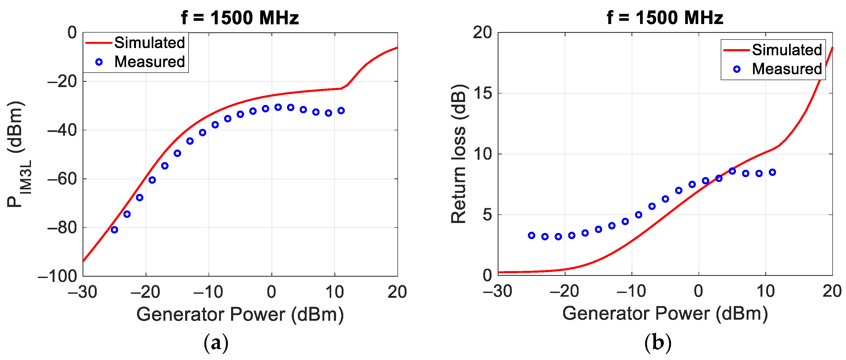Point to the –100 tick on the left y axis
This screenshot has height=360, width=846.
57,276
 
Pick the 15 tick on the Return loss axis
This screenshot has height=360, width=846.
482,93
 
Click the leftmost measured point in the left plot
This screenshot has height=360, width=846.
114,230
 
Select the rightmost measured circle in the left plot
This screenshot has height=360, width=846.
341,111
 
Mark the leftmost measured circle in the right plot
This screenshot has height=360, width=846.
531,236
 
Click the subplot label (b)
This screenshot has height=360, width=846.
658,343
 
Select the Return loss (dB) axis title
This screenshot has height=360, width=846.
458,154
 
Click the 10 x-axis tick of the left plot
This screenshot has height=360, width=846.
335,292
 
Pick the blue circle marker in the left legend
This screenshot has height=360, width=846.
99,62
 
